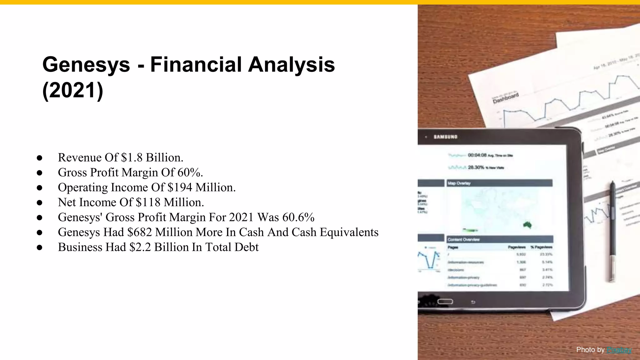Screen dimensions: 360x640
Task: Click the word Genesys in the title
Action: tap(86, 65)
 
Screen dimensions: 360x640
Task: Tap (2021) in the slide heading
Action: tap(72, 90)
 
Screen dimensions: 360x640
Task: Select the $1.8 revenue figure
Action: tap(131, 157)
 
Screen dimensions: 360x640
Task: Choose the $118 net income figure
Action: tap(148, 202)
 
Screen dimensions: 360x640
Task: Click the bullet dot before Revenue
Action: tap(39, 158)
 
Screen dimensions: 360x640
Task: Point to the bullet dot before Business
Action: tap(39, 247)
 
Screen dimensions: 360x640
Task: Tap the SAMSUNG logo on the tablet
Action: tap(445, 137)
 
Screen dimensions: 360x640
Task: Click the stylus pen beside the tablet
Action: tap(613, 231)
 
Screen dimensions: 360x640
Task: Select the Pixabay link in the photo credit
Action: tap(619, 350)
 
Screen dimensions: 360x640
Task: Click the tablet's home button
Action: tap(445, 301)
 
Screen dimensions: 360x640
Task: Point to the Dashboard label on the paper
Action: tap(506, 98)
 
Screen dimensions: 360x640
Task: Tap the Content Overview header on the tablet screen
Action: tap(463, 239)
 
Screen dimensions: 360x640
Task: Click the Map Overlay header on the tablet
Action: tap(459, 183)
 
